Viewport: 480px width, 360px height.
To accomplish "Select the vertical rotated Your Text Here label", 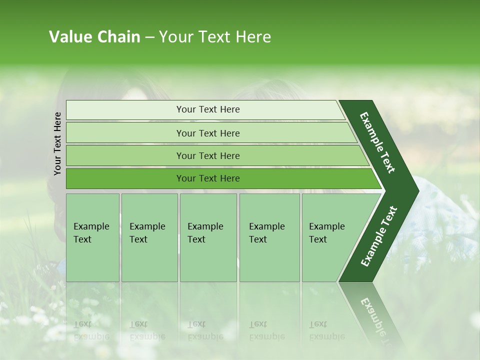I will (57, 143).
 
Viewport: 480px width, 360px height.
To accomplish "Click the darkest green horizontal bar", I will (125, 178).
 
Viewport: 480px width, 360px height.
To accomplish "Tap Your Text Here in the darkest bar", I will (208, 178).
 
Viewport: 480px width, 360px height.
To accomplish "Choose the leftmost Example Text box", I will (92, 237).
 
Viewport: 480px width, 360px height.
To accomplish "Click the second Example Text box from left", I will (149, 237).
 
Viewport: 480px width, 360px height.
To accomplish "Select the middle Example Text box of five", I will (208, 237).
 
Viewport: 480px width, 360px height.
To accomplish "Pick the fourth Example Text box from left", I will (269, 237).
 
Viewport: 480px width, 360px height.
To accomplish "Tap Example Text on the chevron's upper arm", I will (378, 142).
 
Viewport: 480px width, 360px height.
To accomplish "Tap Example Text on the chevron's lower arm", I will (378, 236).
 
